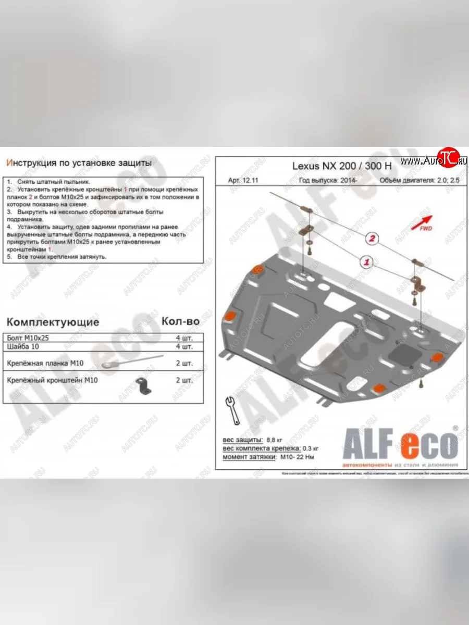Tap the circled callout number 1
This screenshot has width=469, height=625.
[x=366, y=261]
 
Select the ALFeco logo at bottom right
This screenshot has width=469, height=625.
[x=399, y=445]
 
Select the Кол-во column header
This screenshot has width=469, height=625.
[x=180, y=321]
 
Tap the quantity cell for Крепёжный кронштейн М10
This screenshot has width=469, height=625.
[x=183, y=381]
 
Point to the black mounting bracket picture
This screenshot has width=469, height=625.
[x=142, y=386]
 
